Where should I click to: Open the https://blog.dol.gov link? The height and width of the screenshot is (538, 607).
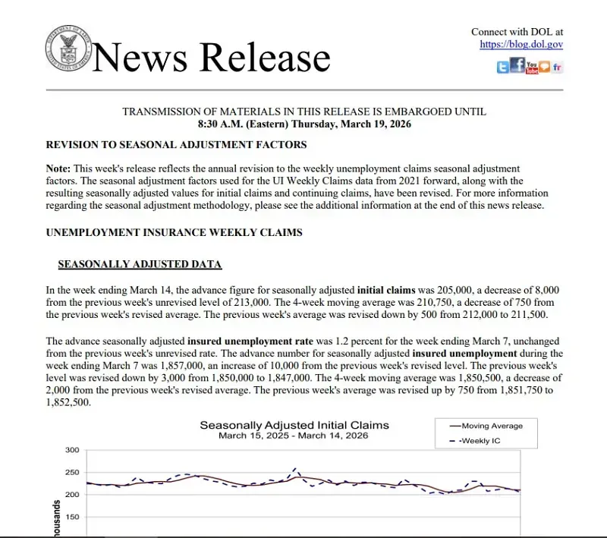coord(521,45)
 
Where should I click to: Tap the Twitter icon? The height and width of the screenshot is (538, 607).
coord(503,68)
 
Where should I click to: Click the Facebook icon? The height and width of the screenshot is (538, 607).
coord(517,66)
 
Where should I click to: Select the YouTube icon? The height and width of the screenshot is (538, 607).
coord(532,68)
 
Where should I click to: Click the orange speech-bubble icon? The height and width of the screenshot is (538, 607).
coord(544,68)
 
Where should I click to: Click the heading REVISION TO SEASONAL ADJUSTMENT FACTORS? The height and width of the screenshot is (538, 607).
coord(176,144)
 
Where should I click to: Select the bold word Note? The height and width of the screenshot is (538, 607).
coord(58,168)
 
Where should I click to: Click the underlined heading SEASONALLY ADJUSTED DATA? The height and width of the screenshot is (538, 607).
coord(140,264)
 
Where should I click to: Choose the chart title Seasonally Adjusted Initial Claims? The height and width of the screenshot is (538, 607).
coord(294,425)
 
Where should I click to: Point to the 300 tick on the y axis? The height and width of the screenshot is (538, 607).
coord(72,450)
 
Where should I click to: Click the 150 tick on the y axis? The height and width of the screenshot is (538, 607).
coord(72,517)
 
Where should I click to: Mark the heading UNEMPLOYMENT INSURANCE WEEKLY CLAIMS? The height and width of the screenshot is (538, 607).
coord(174,232)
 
